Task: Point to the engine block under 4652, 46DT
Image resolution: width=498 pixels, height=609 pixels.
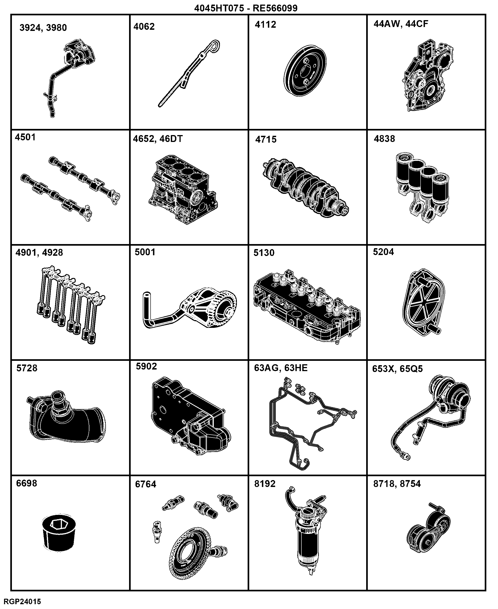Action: click(x=183, y=190)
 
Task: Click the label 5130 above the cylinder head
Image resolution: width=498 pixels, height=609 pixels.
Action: click(x=264, y=253)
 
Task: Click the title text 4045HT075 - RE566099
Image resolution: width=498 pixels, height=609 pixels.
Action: click(x=246, y=8)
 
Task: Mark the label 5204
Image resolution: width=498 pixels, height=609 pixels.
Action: click(x=383, y=252)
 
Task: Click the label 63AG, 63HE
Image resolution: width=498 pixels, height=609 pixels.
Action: click(x=281, y=368)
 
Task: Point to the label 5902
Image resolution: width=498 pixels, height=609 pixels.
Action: click(x=146, y=367)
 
